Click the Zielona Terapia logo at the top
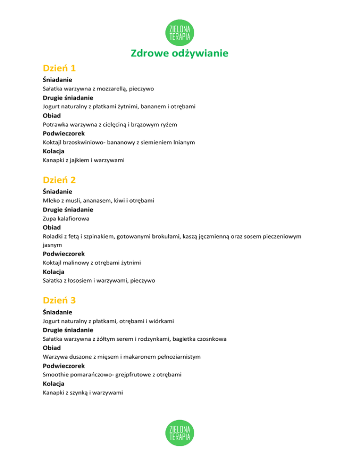(x=180, y=31)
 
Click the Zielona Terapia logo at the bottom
(x=180, y=433)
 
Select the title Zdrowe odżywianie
(x=180, y=53)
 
